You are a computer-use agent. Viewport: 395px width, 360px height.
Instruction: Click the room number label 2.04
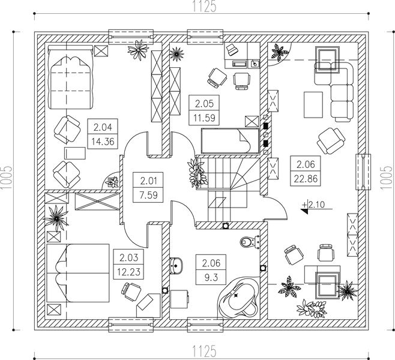101,127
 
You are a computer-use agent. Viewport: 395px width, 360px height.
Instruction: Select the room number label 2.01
148,180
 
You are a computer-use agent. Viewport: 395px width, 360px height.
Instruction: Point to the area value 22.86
304,176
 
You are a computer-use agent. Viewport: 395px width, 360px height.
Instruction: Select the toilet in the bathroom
248,242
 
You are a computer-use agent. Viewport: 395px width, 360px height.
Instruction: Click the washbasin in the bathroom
177,264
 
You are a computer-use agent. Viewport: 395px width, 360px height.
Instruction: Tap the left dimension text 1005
7,178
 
